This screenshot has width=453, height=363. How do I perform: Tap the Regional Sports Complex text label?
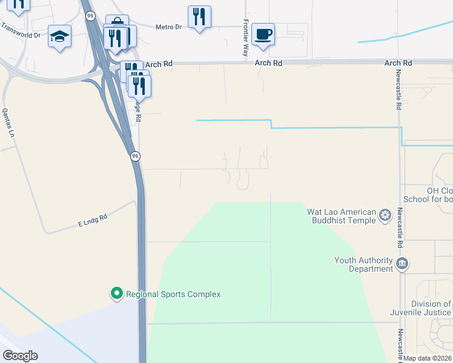tap(173, 295)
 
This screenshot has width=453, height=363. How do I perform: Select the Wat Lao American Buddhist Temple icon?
tap(385, 215)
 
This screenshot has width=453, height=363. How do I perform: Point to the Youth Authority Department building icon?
tap(402, 264)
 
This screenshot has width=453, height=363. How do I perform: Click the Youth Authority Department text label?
tap(363, 264)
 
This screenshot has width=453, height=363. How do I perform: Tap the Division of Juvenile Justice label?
tap(422, 309)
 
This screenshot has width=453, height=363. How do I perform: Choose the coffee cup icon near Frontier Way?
tap(263, 34)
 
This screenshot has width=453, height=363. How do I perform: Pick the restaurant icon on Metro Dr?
tap(199, 18)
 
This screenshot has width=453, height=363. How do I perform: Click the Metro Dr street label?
tap(168, 27)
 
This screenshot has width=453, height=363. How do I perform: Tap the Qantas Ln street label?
tap(8, 123)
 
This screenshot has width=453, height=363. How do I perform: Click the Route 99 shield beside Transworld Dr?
tap(90, 16)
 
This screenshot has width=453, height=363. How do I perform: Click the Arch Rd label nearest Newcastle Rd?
tap(398, 63)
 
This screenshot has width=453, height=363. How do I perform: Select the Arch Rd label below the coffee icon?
tap(268, 63)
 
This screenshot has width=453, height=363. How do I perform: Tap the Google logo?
tap(20, 356)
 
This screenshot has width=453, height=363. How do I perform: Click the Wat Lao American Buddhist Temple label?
tap(342, 216)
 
